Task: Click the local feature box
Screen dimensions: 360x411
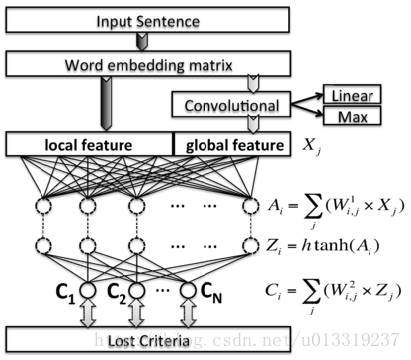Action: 90,145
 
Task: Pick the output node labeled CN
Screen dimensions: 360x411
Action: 185,292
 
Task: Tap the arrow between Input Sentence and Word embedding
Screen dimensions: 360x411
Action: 141,41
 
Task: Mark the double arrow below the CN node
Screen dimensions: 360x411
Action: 185,314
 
